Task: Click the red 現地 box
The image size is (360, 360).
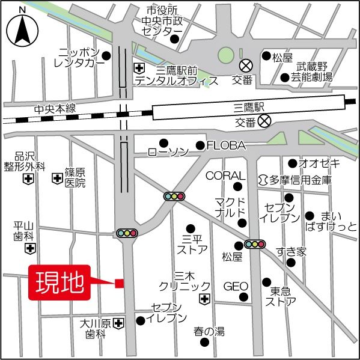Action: [59, 282]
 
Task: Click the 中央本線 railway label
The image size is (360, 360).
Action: [55, 109]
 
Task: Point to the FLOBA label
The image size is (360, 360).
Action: [226, 145]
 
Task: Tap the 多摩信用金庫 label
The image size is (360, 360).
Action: [299, 180]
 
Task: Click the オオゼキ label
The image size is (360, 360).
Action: [319, 163]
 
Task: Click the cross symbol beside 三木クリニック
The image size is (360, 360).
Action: [204, 299]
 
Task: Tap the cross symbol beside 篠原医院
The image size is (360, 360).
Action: [57, 178]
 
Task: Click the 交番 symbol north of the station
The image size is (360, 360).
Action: [246, 65]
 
